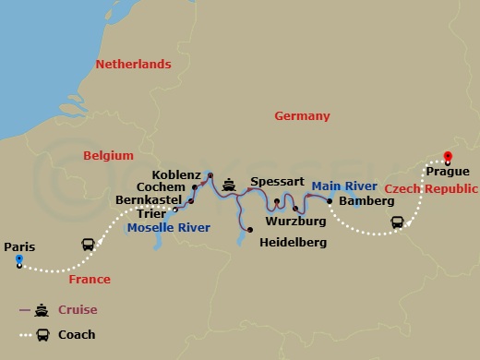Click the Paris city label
point(19,246)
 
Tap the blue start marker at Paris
point(18,261)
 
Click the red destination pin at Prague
point(448,157)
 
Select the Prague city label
point(449,172)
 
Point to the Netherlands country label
point(134,65)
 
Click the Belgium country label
point(108,156)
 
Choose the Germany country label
point(302,116)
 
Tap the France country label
point(90,280)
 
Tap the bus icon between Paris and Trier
point(88,246)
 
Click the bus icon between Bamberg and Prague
point(397,222)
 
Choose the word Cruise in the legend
point(78,310)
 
